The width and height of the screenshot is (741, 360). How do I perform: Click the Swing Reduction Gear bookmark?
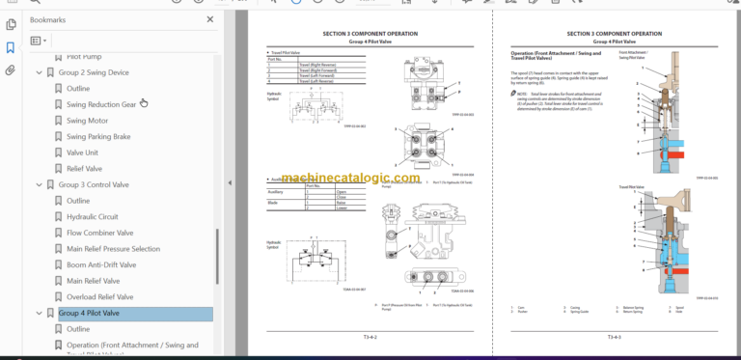(x=100, y=105)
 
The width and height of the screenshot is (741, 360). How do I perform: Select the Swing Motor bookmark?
(x=87, y=121)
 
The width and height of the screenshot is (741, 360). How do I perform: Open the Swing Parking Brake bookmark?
(x=97, y=137)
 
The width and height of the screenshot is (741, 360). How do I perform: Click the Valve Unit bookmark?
(x=82, y=152)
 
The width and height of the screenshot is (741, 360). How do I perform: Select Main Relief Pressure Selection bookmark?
(x=113, y=249)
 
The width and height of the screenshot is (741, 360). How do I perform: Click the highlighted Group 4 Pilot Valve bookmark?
(x=89, y=313)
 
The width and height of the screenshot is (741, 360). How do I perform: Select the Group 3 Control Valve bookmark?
(x=94, y=184)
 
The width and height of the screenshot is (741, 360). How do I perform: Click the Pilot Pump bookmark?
(x=84, y=57)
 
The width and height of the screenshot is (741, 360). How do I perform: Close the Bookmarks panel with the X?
(x=210, y=18)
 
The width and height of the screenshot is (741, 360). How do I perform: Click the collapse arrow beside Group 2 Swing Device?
(x=40, y=73)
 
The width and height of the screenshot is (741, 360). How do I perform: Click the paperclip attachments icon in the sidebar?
(x=11, y=70)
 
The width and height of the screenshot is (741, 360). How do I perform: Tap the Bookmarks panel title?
(x=48, y=18)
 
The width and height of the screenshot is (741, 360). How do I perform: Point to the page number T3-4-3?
(x=614, y=337)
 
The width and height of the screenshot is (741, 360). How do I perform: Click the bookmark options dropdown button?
(x=39, y=41)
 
